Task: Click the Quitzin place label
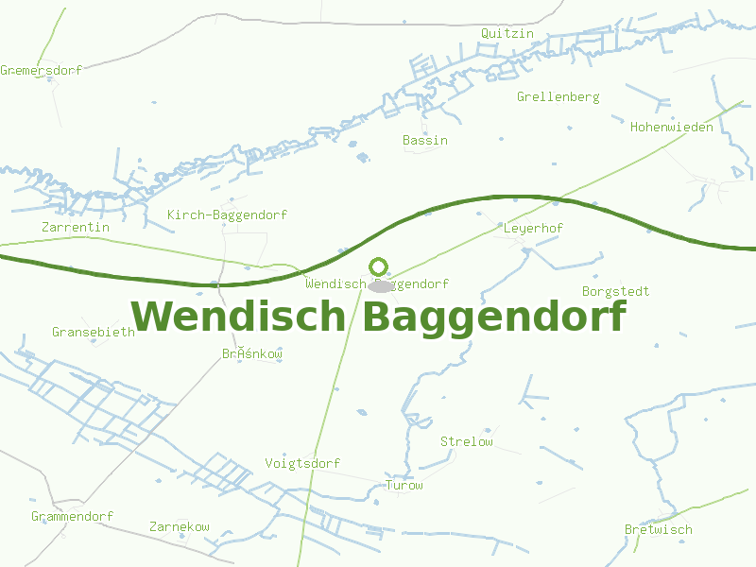click(507, 34)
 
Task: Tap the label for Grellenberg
click(558, 97)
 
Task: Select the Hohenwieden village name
click(671, 128)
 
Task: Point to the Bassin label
click(425, 141)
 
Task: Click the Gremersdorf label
click(41, 71)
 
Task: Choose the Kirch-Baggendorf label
click(227, 215)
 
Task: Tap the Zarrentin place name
click(76, 228)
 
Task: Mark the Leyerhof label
click(533, 229)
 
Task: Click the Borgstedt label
click(616, 292)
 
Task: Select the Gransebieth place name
click(94, 333)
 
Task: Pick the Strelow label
click(467, 442)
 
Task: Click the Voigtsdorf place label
click(302, 464)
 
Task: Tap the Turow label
click(404, 486)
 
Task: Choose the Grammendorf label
click(72, 517)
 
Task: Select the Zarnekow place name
click(180, 527)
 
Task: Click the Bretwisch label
click(658, 530)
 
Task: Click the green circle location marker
click(379, 266)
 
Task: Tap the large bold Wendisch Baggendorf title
click(378, 317)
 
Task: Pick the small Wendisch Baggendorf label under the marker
click(377, 284)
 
